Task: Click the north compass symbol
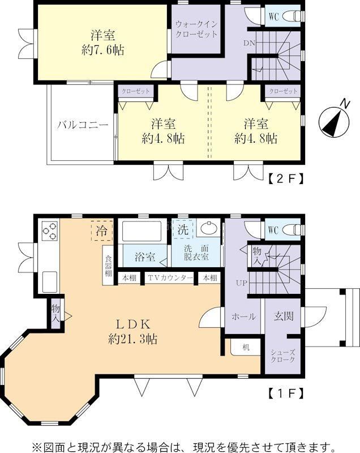[335, 121]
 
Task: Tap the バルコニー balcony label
[82, 125]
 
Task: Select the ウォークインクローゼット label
[196, 29]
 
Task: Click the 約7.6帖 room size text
[103, 50]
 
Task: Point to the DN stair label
[249, 44]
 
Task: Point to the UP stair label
[241, 283]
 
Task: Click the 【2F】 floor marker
[286, 179]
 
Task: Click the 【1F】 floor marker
[286, 393]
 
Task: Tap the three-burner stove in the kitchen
[50, 231]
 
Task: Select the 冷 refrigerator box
[102, 230]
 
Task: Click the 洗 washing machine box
[183, 229]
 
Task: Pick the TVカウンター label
[170, 278]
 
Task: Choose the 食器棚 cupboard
[108, 266]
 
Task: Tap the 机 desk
[246, 347]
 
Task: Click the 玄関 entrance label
[284, 316]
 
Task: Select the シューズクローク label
[283, 356]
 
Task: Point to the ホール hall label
[243, 317]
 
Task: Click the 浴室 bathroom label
[145, 257]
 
